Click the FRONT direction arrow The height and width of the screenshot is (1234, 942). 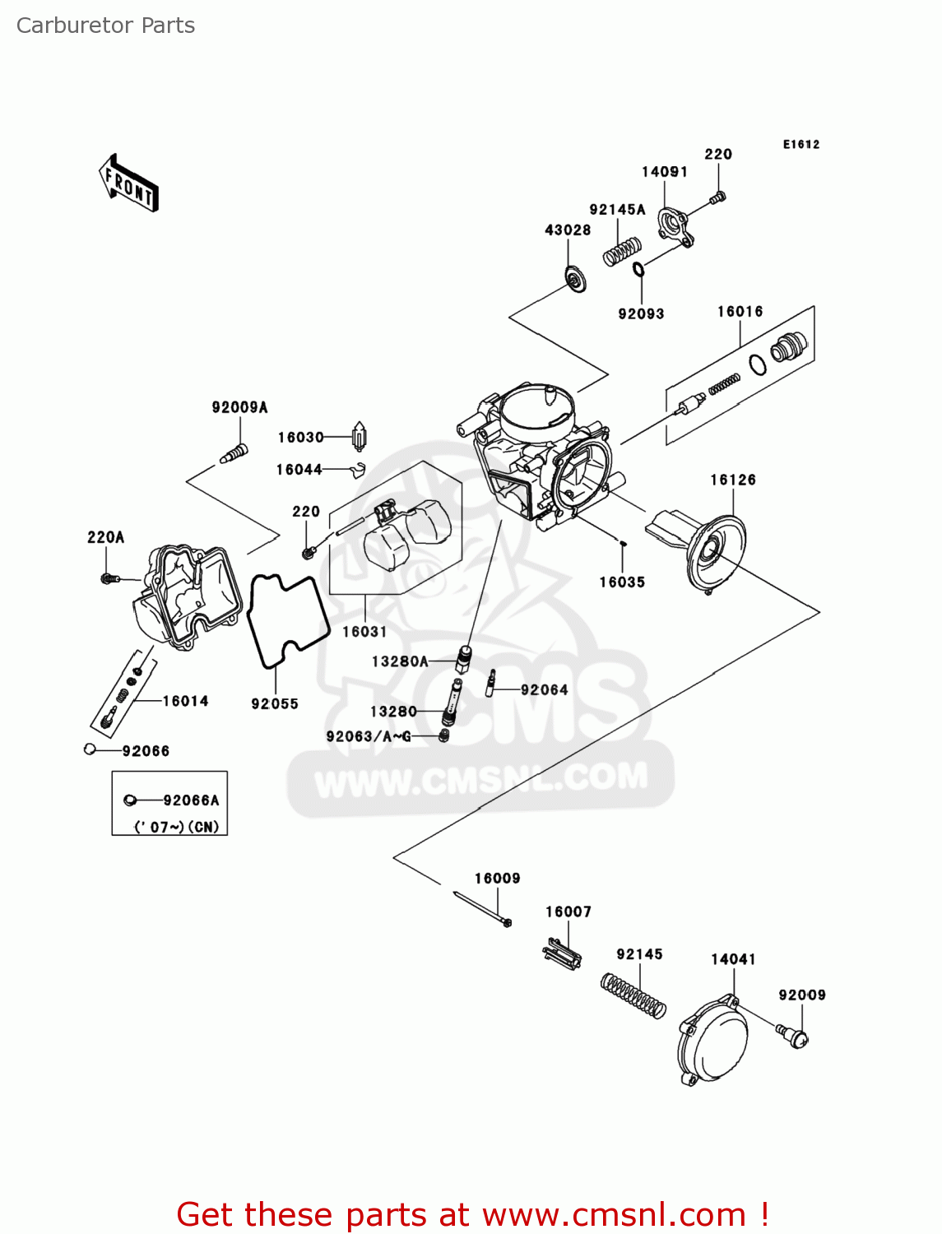[x=128, y=183]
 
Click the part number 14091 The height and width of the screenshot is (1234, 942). [x=664, y=172]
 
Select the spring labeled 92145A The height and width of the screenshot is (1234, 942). [x=622, y=251]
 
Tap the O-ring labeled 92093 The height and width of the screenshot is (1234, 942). [x=638, y=269]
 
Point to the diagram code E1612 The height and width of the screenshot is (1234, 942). [x=800, y=145]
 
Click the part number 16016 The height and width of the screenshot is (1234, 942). [x=740, y=312]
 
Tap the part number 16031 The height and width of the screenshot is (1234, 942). [x=364, y=632]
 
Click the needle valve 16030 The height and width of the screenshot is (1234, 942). [x=359, y=436]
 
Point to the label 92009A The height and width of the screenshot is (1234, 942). [x=239, y=407]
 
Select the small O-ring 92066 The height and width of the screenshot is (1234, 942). [x=90, y=749]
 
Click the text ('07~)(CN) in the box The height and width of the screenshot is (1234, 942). [x=177, y=827]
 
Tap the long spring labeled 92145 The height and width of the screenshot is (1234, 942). [x=633, y=996]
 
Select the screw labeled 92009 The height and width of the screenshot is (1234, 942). [x=796, y=1036]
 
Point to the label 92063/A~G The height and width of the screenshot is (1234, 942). [x=368, y=736]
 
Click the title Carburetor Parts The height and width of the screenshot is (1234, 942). [x=105, y=26]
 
